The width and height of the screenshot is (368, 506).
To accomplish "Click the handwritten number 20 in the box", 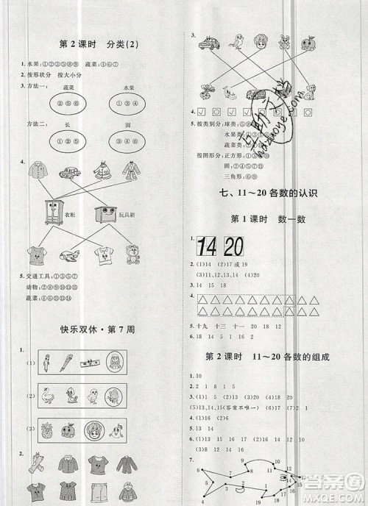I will (234, 246).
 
